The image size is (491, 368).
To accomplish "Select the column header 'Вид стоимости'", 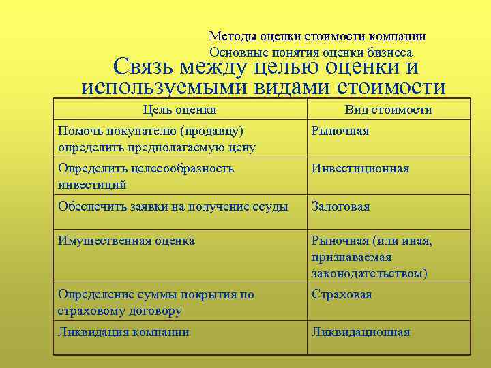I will tap(388, 110).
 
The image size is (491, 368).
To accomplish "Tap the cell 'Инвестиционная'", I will tap(360, 168).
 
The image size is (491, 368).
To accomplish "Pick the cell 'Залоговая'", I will tap(340, 206).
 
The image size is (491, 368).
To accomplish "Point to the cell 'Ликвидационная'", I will tap(361, 332).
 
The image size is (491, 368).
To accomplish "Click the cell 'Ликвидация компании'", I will tap(123, 332).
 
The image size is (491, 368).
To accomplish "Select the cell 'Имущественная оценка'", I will tap(126, 240).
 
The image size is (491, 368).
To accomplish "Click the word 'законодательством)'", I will tap(370, 273).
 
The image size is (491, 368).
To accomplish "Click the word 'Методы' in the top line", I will tap(230, 36).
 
